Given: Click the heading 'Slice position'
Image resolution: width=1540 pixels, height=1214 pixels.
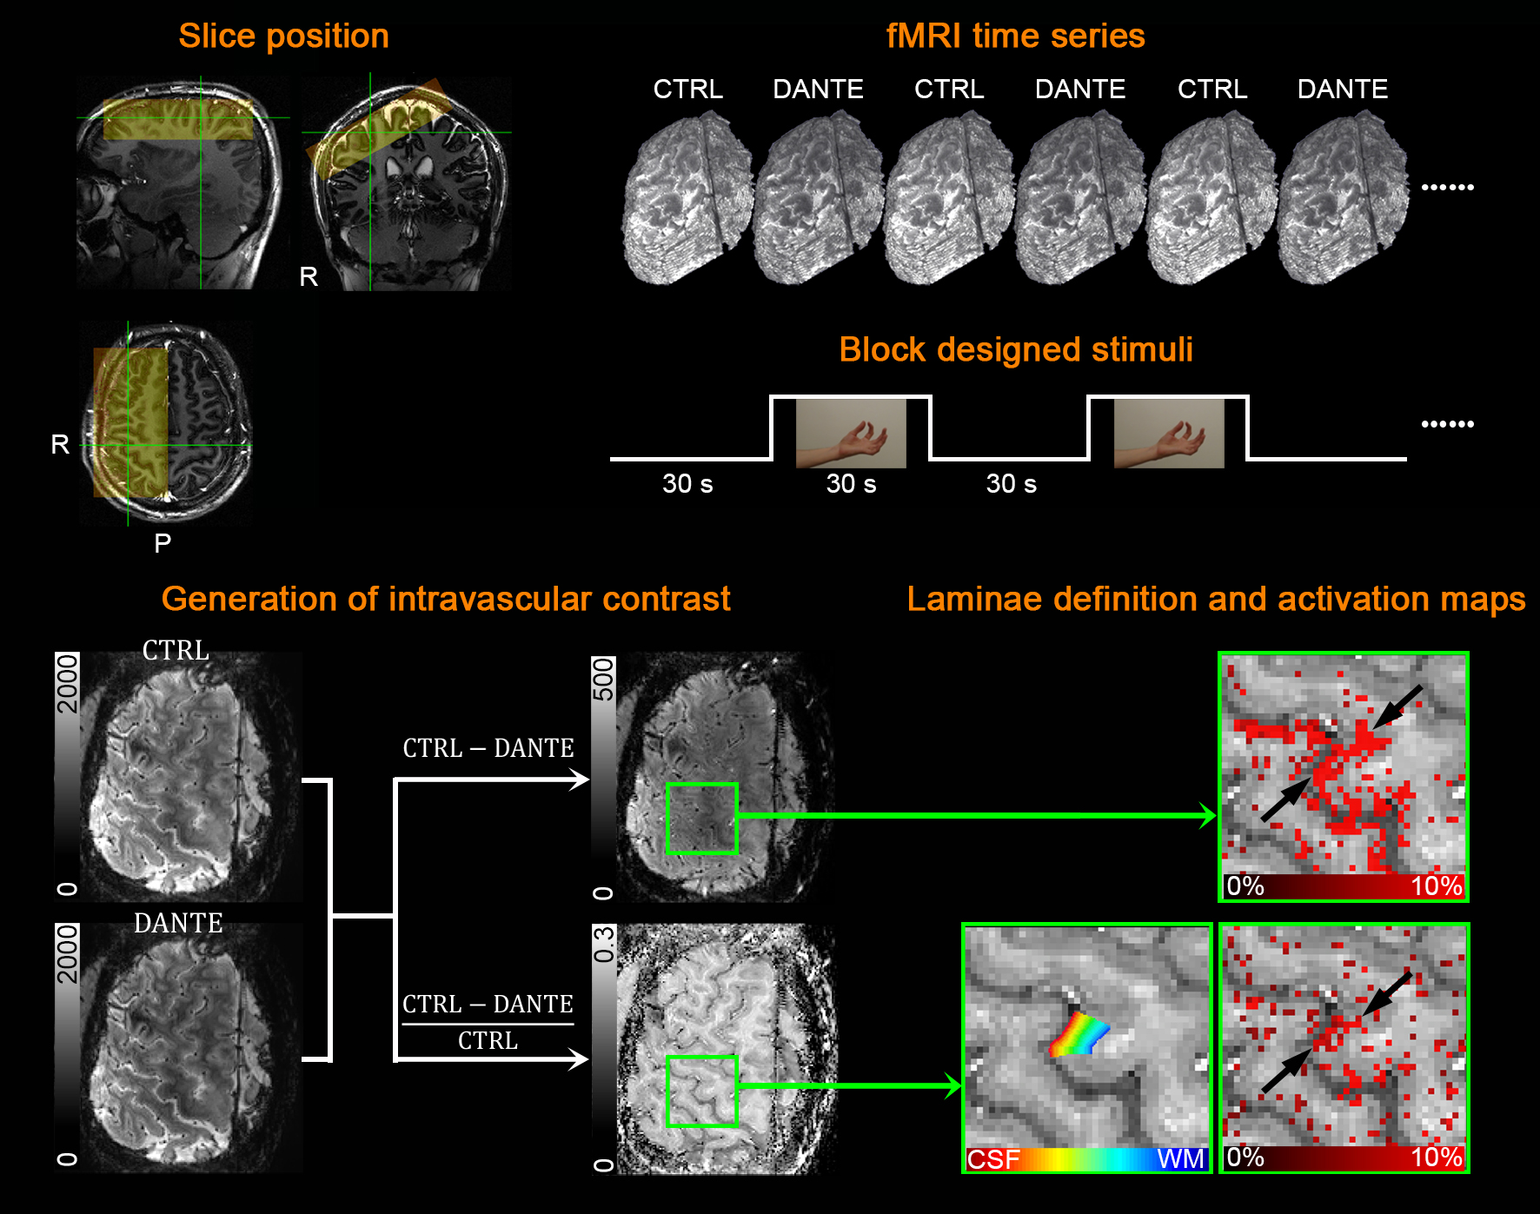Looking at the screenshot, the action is point(283,36).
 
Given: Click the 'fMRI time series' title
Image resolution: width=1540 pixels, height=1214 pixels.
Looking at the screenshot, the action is point(1015,36).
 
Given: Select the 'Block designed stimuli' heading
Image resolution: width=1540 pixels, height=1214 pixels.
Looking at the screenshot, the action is point(1015,349).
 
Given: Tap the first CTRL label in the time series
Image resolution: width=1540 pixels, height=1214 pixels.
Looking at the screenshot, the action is point(687,89).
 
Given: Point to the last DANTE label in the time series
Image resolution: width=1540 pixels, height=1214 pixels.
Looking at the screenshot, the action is point(1342,89).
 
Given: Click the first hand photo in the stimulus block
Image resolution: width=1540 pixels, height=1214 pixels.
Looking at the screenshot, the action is point(851,433).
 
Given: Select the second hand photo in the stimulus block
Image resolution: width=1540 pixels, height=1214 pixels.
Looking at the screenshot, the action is point(1169,433).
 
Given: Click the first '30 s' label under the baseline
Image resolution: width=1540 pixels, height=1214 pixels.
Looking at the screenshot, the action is point(687,484).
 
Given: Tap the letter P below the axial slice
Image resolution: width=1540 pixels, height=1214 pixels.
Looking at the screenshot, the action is point(163,544).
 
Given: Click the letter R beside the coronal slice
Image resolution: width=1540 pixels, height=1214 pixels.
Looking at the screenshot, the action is point(309,277).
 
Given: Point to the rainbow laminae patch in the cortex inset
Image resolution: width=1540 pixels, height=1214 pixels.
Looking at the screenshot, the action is point(1079,1034).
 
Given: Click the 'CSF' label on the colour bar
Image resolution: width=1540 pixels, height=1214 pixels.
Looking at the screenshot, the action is point(993,1159).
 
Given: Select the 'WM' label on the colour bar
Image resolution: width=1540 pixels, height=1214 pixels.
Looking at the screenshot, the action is point(1180,1159).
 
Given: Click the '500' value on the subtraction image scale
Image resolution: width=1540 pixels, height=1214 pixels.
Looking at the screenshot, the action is point(603,679).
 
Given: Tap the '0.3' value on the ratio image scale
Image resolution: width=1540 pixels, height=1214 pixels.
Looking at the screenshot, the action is point(603,945).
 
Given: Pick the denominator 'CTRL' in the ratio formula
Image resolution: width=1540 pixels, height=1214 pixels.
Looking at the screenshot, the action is point(488,1040).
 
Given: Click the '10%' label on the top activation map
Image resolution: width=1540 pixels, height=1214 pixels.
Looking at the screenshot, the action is point(1437,886).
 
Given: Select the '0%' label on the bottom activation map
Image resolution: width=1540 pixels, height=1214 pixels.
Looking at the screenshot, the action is point(1245,1158).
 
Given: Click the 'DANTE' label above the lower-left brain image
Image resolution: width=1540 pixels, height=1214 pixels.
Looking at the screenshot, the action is point(178,923).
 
